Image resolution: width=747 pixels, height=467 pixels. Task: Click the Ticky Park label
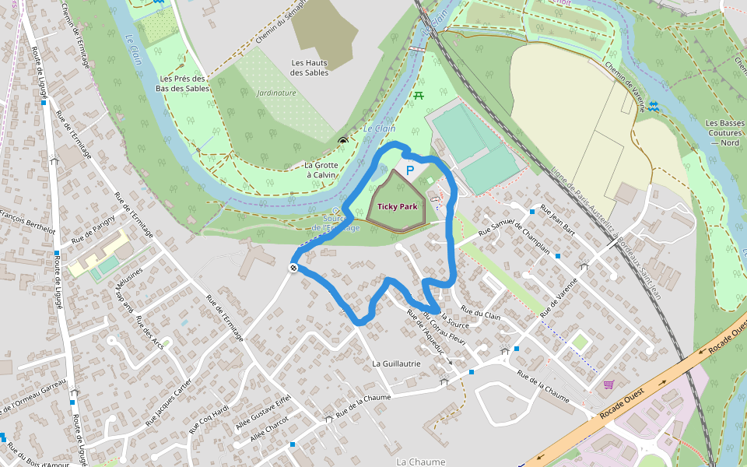[398, 206]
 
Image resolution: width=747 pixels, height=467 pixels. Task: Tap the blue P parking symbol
[410, 170]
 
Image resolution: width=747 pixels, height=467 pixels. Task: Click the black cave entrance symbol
[343, 141]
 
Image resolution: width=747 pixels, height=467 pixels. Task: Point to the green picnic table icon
[419, 95]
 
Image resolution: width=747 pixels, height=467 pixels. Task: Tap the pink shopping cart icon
[608, 384]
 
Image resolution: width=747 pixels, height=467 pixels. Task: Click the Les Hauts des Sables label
[310, 68]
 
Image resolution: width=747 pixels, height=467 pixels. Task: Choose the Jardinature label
[276, 93]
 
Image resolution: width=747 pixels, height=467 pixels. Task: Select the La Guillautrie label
[396, 363]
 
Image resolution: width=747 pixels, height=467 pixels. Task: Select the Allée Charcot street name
[269, 430]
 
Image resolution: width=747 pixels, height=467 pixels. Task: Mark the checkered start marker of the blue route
[293, 268]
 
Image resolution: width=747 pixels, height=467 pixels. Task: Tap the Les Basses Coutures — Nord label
[724, 133]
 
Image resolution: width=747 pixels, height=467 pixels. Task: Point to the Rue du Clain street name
[482, 314]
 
